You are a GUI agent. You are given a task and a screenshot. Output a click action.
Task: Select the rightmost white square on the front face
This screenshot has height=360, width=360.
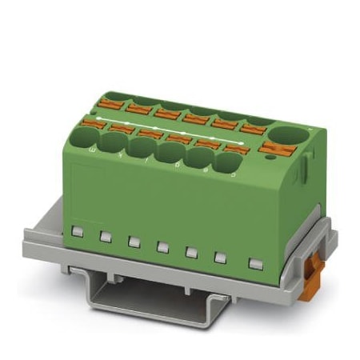[x=255, y=262]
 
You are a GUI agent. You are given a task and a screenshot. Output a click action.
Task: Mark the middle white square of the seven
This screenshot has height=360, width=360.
[x=162, y=246]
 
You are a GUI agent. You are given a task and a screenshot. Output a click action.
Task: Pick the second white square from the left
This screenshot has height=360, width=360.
[x=104, y=236]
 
